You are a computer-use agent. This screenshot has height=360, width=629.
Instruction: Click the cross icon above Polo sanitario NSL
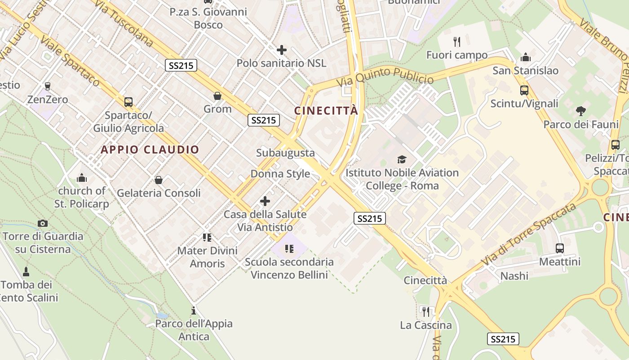pos(282,49)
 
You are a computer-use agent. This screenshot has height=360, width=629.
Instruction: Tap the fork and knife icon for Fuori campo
pos(457,42)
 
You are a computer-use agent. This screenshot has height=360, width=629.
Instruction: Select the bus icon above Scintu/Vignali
pos(524,90)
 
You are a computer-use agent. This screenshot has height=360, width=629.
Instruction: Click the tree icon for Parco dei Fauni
pos(581,111)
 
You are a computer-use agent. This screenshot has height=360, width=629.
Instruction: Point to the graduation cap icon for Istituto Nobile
pos(402,159)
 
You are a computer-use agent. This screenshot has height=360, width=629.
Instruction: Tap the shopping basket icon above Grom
pos(217,96)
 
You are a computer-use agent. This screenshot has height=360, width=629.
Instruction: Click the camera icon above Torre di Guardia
pos(43,223)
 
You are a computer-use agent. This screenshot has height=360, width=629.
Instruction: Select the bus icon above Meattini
pos(559,248)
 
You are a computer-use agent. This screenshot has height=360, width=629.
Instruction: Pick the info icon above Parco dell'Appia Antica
pos(194,310)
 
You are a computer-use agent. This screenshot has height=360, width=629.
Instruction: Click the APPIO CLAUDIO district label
pos(150,150)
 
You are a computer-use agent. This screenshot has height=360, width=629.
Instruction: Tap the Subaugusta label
pos(285,153)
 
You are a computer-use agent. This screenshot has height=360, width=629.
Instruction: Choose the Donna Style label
pos(280,174)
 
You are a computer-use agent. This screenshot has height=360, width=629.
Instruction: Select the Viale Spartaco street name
pos(70,60)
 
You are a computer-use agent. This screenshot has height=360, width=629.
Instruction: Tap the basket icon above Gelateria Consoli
pos(159,180)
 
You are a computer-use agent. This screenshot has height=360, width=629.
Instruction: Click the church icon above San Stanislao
pos(525,58)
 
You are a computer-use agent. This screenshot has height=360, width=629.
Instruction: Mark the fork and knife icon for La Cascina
pos(425,311)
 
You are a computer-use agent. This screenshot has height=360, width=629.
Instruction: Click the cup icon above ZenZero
pos(48,86)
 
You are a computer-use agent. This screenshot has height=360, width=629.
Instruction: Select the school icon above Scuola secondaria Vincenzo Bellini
pos(289,248)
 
